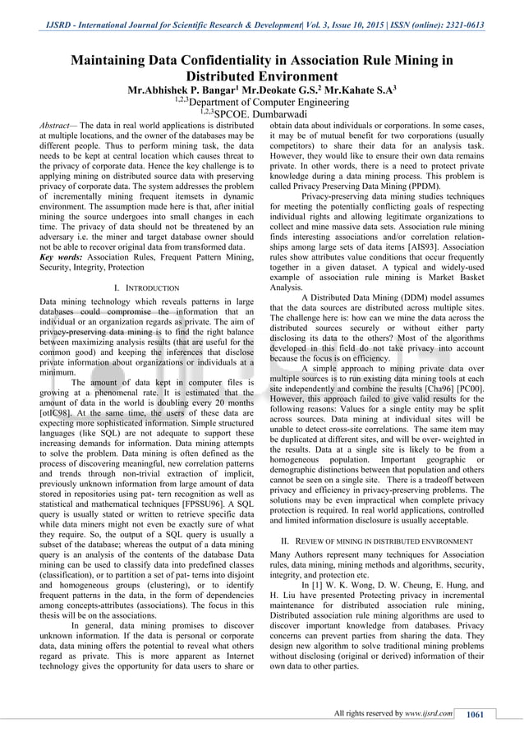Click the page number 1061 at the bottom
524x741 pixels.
click(475, 714)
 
